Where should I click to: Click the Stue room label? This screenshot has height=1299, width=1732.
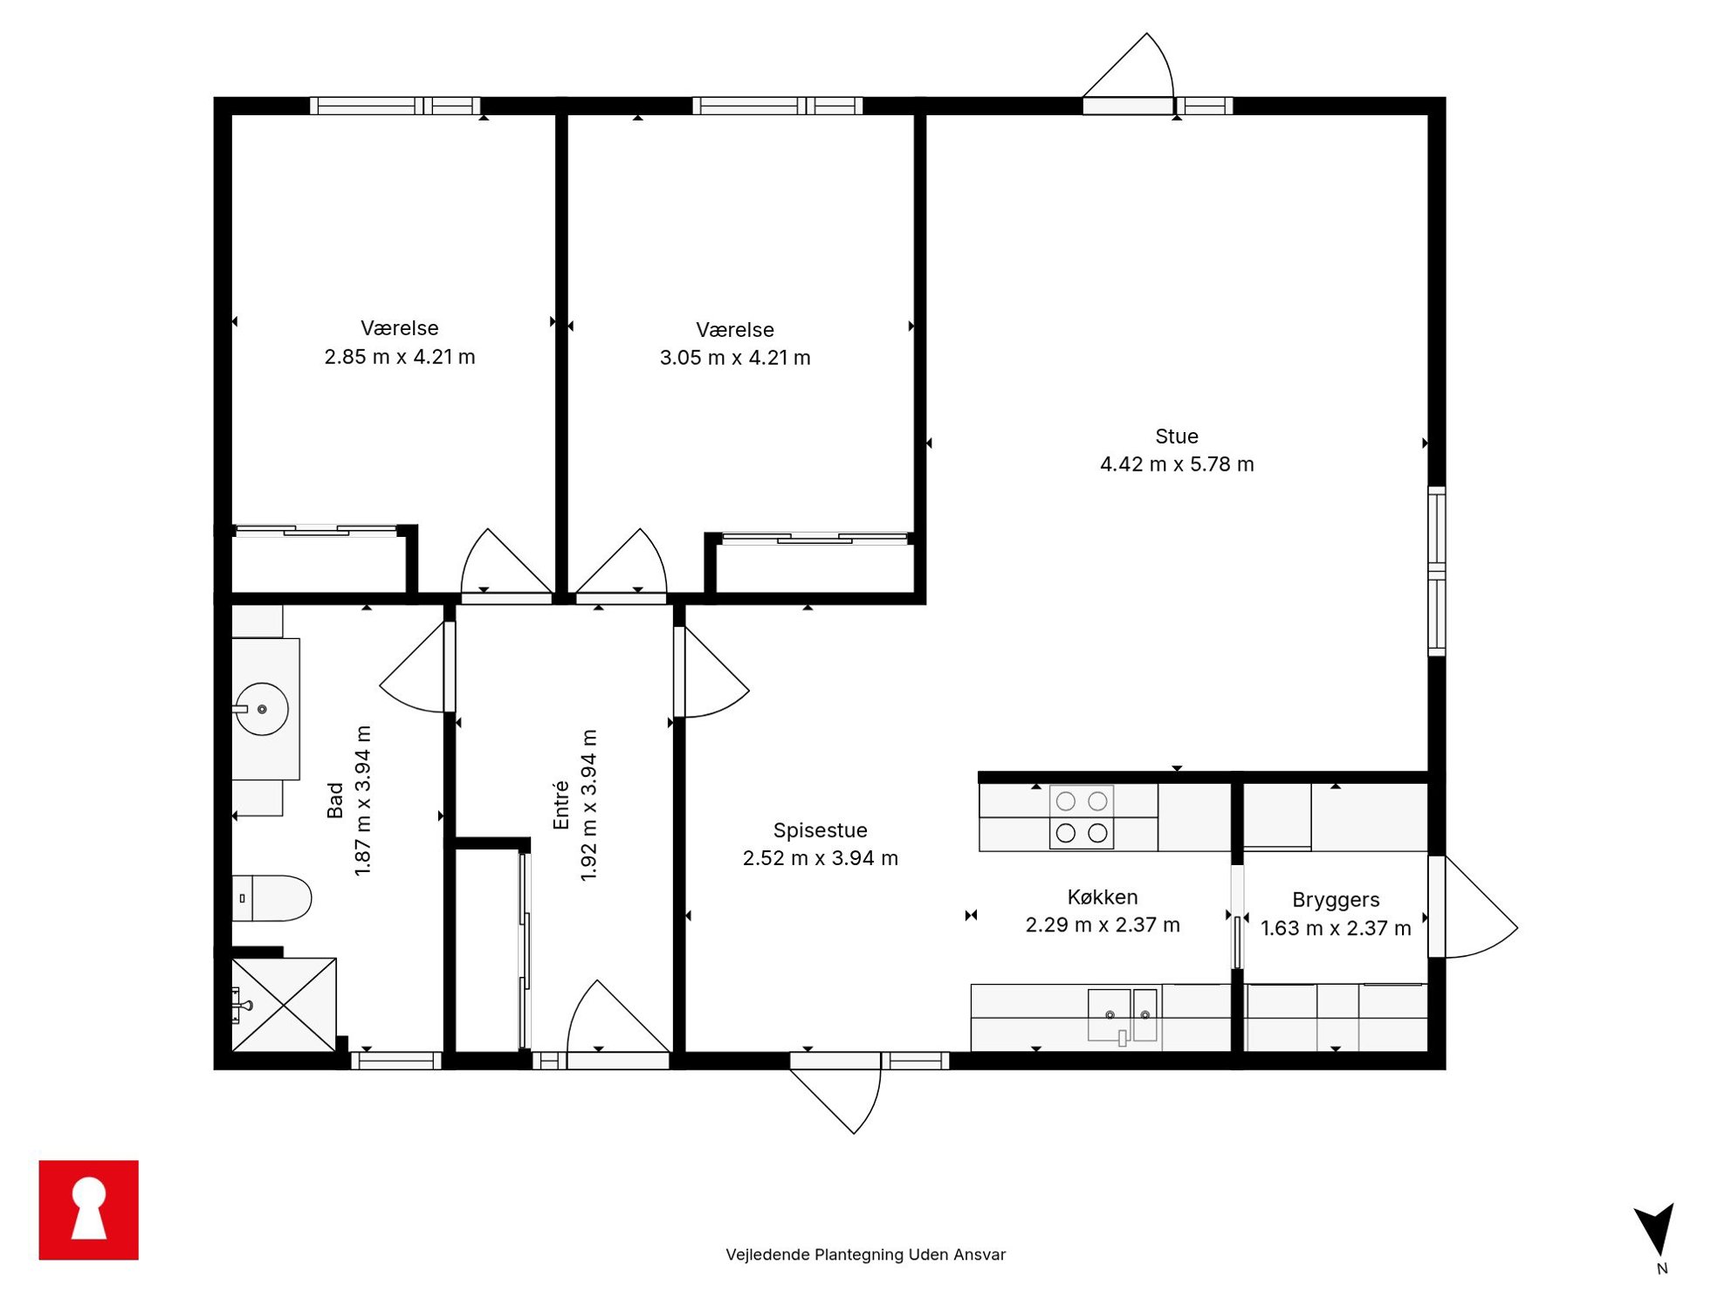coord(1176,436)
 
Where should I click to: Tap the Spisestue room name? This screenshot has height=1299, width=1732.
coord(820,830)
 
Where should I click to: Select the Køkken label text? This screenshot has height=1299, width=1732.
coord(1102,897)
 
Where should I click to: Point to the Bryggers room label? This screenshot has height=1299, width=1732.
coord(1336,900)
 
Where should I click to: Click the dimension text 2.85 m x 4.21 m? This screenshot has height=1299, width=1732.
coord(400,357)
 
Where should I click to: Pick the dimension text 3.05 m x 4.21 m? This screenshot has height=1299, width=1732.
coord(735,358)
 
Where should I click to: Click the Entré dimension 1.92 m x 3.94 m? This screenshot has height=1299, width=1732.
coord(589,805)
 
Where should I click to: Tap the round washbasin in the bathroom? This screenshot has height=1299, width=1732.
coord(262,709)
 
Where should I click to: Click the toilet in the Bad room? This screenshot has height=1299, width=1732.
coord(271,898)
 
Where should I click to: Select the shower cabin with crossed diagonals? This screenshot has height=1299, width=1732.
coord(285,1005)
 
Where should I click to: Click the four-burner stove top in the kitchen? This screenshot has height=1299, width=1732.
coord(1082,817)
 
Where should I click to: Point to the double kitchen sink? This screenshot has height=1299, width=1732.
coord(1123,1014)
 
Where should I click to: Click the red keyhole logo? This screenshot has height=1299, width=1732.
coord(89,1210)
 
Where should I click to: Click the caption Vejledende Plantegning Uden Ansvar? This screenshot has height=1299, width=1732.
coord(865,1254)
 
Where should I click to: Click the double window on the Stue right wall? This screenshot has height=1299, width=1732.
coord(1436,571)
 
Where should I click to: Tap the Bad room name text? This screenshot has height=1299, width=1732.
coord(335,801)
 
